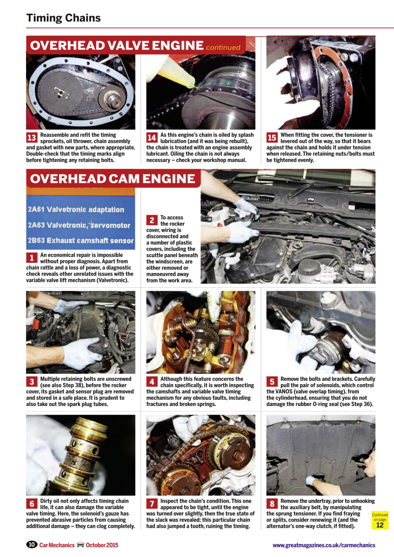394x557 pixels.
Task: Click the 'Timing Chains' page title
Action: click(x=64, y=18)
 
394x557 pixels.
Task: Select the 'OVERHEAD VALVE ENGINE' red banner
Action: click(x=117, y=46)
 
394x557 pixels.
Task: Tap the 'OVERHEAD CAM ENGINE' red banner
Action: click(x=113, y=179)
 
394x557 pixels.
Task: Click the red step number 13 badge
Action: click(x=32, y=138)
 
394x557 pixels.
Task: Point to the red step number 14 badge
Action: click(x=152, y=138)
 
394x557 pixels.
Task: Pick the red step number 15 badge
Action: click(x=272, y=138)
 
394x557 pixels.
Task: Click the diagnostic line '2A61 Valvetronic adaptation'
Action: click(x=76, y=210)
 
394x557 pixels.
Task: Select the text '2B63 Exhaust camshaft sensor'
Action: click(x=81, y=240)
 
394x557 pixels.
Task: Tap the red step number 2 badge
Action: click(x=152, y=221)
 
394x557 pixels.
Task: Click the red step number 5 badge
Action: click(x=272, y=382)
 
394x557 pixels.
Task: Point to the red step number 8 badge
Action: click(x=272, y=504)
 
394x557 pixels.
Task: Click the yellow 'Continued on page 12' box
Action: click(x=380, y=520)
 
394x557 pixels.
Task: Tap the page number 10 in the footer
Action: click(x=31, y=545)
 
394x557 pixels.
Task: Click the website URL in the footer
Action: click(x=323, y=545)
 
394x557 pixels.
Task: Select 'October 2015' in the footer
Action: click(x=102, y=545)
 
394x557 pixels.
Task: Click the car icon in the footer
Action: click(x=80, y=545)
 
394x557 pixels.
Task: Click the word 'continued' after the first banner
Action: click(x=223, y=47)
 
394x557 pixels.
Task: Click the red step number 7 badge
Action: click(x=152, y=504)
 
